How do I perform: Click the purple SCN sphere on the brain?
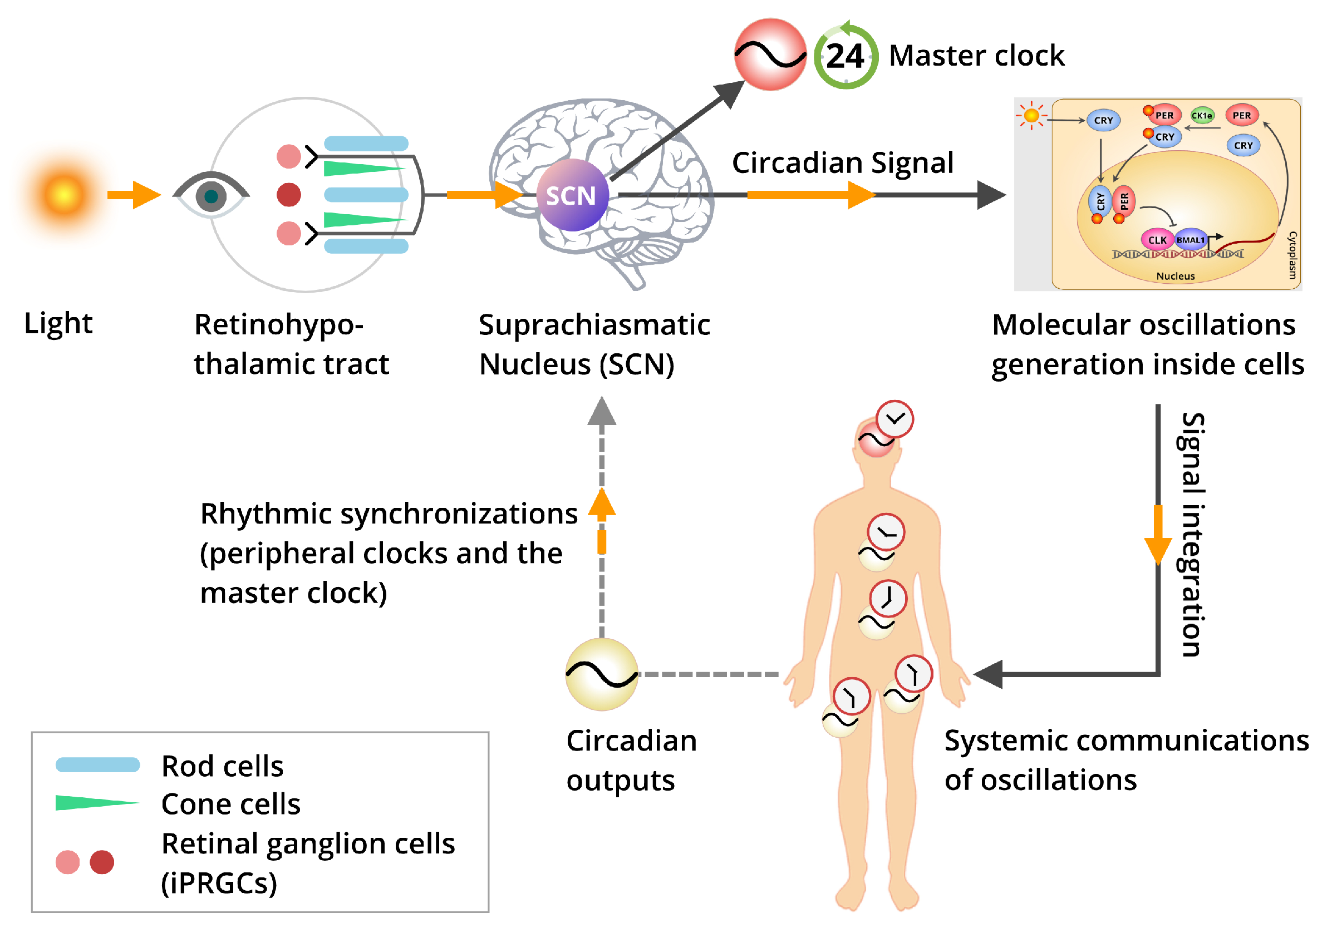[x=572, y=195]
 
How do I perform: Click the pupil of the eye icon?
[x=211, y=196]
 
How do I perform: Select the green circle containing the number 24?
[x=846, y=56]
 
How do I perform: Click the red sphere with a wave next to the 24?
[x=770, y=55]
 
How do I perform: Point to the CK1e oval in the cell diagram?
[x=1201, y=115]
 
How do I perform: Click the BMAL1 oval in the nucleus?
[x=1191, y=240]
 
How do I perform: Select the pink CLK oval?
[x=1157, y=240]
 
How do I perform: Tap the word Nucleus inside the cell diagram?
[x=1176, y=276]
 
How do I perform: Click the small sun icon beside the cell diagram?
[x=1031, y=115]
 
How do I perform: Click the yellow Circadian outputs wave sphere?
[x=602, y=674]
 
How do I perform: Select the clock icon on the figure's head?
[x=894, y=418]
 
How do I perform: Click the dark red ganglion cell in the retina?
[x=288, y=194]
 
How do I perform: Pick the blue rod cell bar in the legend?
[x=97, y=764]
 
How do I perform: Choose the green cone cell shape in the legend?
[x=96, y=803]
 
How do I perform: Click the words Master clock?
[x=976, y=56]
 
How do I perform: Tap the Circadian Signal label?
[x=842, y=162]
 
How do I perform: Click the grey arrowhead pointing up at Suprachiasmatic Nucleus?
[x=602, y=411]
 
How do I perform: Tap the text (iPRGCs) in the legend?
[x=219, y=883]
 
